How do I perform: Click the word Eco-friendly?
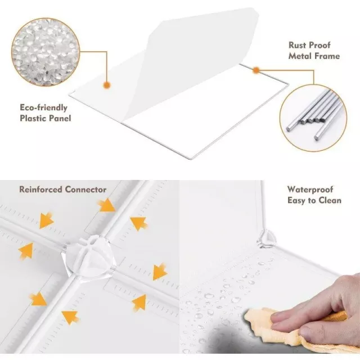pos(44,107)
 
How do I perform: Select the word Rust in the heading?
pos(298,45)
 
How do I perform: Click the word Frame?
pos(326,56)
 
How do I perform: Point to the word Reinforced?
pos(40,190)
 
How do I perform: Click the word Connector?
pos(85,190)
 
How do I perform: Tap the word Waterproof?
pos(310,190)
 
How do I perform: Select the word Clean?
pos(330,200)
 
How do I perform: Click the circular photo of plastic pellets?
pos(45,52)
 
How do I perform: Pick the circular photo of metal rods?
pos(313,118)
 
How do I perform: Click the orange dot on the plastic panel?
pos(107,85)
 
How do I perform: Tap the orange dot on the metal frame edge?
pos(256,70)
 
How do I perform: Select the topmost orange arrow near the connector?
pos(106,205)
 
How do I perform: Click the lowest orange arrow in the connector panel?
pos(70,317)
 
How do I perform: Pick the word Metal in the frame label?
pos(299,56)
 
